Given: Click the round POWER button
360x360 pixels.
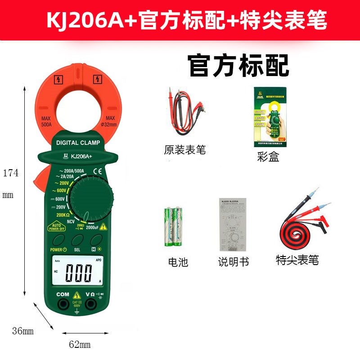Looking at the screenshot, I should coord(59,239).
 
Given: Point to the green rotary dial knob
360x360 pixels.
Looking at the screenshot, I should coord(93,198).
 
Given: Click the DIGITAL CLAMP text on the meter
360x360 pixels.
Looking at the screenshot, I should coord(78,143).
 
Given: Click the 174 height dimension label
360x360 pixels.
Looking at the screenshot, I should coord(11,173).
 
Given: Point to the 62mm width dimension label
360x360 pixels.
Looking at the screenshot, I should coord(80,345).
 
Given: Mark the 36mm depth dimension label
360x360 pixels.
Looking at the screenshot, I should coord(23,332).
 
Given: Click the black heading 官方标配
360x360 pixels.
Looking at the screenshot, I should coord(238,66).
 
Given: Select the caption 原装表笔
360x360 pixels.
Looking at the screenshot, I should coord(184,150).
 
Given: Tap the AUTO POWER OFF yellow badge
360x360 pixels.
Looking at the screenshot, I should coord(56,226).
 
